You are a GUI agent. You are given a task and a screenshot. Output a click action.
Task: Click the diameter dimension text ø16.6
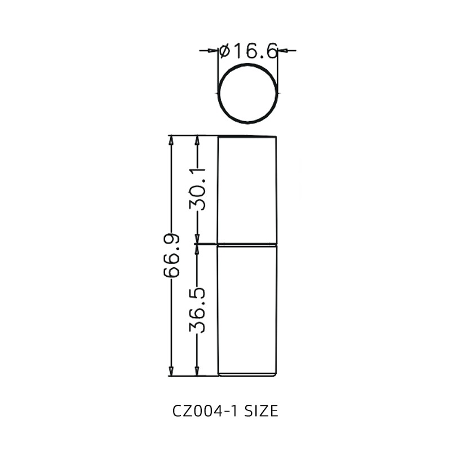click(x=249, y=51)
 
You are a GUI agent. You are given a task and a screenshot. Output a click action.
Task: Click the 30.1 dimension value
click(x=197, y=189)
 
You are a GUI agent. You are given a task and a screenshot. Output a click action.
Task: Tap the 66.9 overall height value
click(x=171, y=255)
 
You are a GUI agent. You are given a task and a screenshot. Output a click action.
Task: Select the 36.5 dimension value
click(x=197, y=311)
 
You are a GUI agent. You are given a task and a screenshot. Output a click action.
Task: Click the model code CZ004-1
click(x=206, y=411)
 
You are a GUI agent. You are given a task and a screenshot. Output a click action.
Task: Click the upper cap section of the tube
click(x=247, y=189)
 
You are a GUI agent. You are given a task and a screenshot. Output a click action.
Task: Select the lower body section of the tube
click(x=247, y=310)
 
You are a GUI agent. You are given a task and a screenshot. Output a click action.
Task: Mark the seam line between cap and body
click(x=247, y=245)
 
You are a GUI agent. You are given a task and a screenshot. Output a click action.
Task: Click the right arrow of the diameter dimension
click(x=284, y=51)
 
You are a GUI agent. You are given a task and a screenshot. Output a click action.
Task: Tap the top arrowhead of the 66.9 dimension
click(x=171, y=140)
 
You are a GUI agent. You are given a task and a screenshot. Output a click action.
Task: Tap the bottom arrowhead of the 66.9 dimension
click(x=171, y=372)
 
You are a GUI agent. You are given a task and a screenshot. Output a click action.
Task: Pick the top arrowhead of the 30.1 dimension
click(x=197, y=140)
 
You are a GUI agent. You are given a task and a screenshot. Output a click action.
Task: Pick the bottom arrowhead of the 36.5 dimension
click(x=197, y=372)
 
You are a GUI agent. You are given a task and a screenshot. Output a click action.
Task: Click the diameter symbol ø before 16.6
click(x=224, y=51)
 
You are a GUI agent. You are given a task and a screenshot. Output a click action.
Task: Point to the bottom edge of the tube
click(x=247, y=375)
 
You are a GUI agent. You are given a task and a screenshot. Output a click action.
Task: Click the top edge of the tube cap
click(x=247, y=136)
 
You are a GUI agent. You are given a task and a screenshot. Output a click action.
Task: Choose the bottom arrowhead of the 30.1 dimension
click(x=197, y=240)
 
